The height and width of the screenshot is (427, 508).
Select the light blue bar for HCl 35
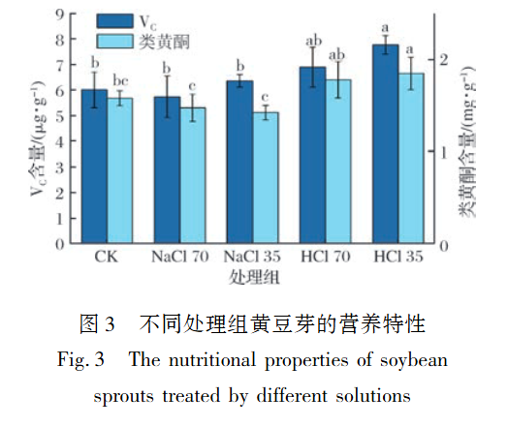coord(411,159)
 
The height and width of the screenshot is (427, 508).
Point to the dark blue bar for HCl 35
coord(386,144)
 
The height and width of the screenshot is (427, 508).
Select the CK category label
coord(107,259)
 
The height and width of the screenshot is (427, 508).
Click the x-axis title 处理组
coord(254,278)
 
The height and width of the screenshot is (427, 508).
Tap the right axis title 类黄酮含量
coord(467,165)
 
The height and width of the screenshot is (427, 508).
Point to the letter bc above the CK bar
coord(120,79)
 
